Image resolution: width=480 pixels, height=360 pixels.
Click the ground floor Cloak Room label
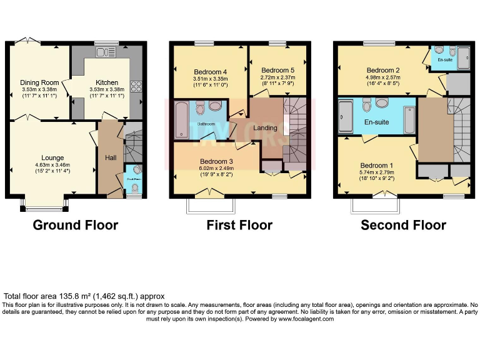point(133,178)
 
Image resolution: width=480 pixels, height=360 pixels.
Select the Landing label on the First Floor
point(266,128)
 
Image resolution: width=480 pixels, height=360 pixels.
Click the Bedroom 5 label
point(277,70)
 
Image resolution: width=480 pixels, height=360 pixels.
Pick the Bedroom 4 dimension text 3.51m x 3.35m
point(209,79)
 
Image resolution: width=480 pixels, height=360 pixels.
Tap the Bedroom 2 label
point(383,69)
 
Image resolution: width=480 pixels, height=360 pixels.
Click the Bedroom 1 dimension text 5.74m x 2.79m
point(377,174)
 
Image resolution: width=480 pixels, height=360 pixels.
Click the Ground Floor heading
point(75,225)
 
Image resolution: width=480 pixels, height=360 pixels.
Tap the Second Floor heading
point(403,225)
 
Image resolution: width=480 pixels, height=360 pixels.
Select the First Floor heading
point(239,225)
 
